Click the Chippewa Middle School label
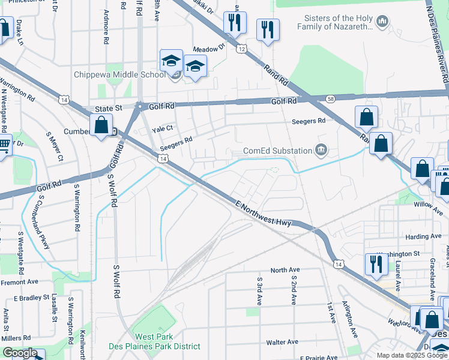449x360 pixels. coord(119,75)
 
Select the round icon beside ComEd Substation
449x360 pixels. coord(322,150)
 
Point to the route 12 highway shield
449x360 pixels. coord(241,47)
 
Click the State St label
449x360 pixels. coord(109,109)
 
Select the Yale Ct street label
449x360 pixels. coord(163,128)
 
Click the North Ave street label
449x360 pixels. coord(285,270)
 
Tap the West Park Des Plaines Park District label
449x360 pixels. coord(154,341)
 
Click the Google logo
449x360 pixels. coord(20,353)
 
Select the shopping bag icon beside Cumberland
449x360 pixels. coord(101,126)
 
